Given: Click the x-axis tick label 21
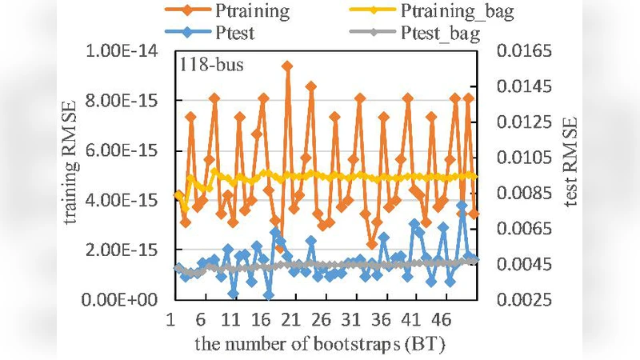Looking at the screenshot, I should tap(291, 319).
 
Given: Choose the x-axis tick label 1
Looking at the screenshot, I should tap(171, 319).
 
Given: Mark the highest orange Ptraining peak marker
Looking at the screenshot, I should tap(287, 66).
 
